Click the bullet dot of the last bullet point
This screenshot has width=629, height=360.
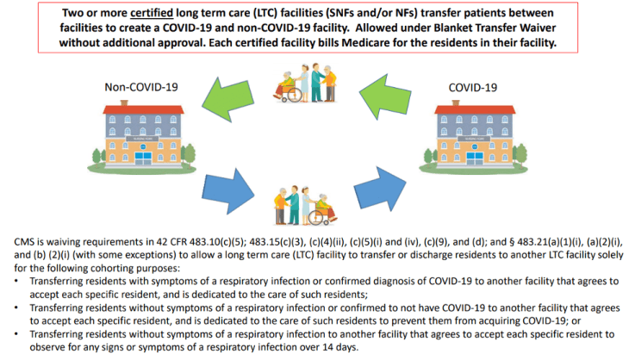coord(20,333)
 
